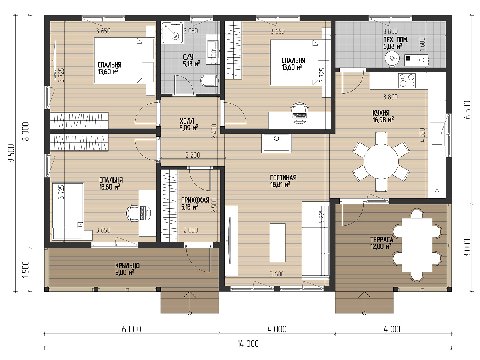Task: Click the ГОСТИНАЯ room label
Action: coord(283,178)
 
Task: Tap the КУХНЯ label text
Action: coord(381,113)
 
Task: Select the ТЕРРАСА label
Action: coord(382,239)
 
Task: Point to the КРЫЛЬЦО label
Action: coord(127,266)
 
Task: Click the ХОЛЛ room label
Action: coord(187,121)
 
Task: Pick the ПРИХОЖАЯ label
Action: coord(195,200)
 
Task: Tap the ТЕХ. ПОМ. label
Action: coord(396,40)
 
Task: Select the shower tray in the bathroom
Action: coord(172,32)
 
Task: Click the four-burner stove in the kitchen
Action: coord(407,80)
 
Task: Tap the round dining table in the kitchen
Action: coord(381,161)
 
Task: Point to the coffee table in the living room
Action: coord(277,243)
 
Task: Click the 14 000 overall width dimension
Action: coord(248,344)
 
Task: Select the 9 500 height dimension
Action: coord(11,153)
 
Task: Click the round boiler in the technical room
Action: coord(392,58)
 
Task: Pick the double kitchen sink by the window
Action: coord(436,134)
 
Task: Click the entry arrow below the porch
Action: coord(190,303)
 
